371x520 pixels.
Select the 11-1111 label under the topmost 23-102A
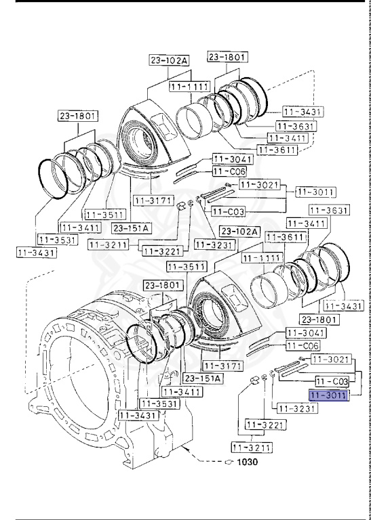pos(188,88)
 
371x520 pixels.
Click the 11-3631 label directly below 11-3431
pos(295,125)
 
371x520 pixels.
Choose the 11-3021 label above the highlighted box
pos(330,358)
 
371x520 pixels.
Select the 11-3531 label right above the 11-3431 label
pos(57,240)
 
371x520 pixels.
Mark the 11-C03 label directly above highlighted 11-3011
pos(332,382)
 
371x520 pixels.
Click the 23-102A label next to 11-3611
pos(240,232)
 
